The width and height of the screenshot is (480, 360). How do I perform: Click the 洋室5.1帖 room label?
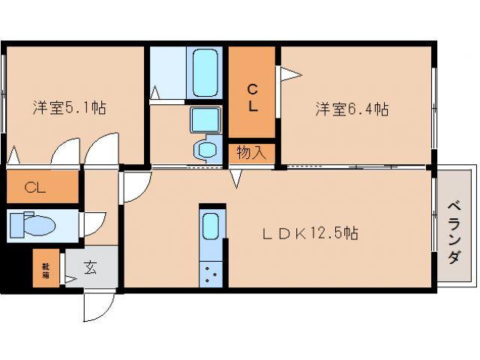(69, 108)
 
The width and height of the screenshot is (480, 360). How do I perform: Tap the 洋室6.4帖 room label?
(351, 109)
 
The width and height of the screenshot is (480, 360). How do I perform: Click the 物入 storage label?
(252, 152)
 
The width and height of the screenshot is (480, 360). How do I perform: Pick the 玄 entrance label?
(90, 267)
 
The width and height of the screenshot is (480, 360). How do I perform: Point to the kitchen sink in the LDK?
(211, 226)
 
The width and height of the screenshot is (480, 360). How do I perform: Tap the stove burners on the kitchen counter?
(211, 273)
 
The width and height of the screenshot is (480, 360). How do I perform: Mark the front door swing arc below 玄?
(97, 305)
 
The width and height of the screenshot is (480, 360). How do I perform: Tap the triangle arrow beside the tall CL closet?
(291, 73)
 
